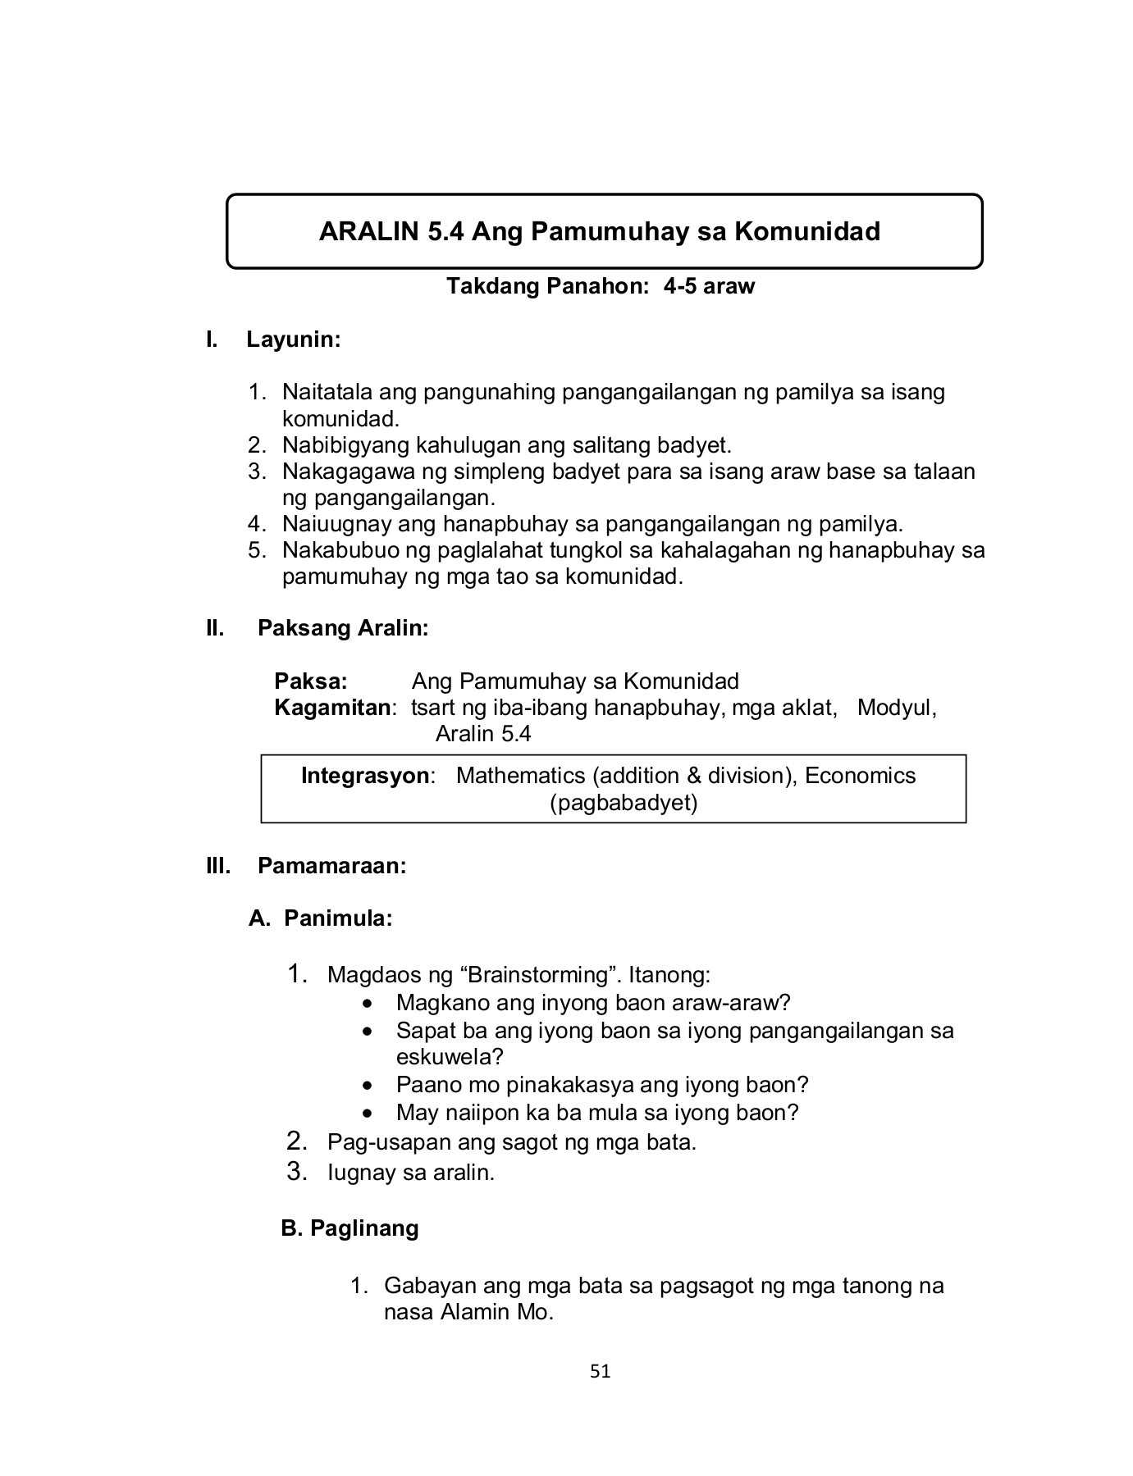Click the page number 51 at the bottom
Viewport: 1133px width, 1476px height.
click(x=601, y=1371)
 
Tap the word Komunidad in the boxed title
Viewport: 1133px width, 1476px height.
click(x=806, y=231)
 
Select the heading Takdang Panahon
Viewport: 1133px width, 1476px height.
click(x=541, y=286)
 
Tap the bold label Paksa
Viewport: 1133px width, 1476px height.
click(x=311, y=681)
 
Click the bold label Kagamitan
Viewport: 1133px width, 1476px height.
click(x=333, y=708)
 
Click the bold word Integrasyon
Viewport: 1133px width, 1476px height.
click(x=366, y=776)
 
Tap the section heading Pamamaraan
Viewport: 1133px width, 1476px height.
click(x=331, y=866)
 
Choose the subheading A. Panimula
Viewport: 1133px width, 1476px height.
click(x=321, y=918)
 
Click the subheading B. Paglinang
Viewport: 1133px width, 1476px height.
click(x=349, y=1228)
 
